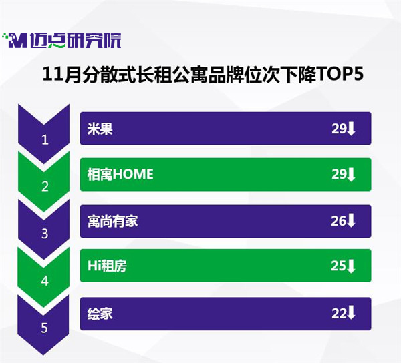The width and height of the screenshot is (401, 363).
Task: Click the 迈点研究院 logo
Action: click(61, 41)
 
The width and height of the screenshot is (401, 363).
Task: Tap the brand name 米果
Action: click(100, 129)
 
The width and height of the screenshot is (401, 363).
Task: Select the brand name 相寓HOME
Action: click(120, 174)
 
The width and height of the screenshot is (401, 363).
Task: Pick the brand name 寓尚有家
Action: click(112, 221)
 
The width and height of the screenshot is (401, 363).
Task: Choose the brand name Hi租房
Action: click(107, 266)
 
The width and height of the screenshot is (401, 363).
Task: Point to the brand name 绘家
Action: click(100, 314)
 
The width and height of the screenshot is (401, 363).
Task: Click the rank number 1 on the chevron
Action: click(45, 140)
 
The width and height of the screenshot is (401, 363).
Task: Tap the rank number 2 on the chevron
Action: click(45, 187)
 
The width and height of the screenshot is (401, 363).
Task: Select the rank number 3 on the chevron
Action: click(45, 234)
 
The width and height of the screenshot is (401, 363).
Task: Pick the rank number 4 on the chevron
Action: click(45, 281)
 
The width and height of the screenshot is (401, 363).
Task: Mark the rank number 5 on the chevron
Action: click(45, 328)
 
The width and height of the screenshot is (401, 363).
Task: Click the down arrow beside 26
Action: click(351, 221)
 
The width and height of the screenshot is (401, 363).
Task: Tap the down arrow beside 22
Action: click(351, 313)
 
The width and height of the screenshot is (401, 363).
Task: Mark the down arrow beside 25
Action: click(351, 266)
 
